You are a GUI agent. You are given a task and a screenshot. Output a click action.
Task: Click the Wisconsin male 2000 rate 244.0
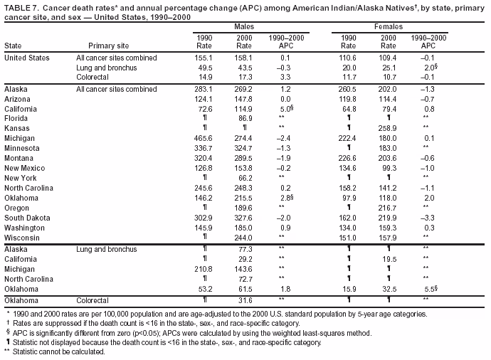point(244,237)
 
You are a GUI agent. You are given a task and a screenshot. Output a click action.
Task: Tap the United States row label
point(27,57)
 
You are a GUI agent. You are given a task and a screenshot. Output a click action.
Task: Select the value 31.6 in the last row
point(245,300)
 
